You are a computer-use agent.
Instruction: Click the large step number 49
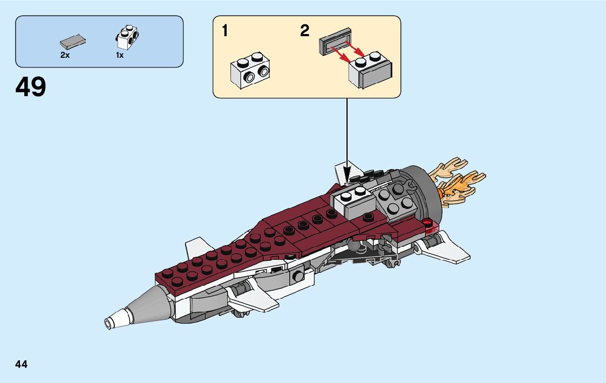coord(31,87)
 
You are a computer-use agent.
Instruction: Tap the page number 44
coord(22,364)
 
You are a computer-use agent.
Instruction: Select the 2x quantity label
coord(65,55)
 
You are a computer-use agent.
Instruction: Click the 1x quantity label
coord(120,55)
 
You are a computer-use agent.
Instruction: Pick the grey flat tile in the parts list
coord(73,42)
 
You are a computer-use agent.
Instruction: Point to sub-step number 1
coord(225,31)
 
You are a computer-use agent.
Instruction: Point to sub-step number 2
coord(305,31)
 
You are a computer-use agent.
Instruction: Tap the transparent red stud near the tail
coord(428,221)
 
